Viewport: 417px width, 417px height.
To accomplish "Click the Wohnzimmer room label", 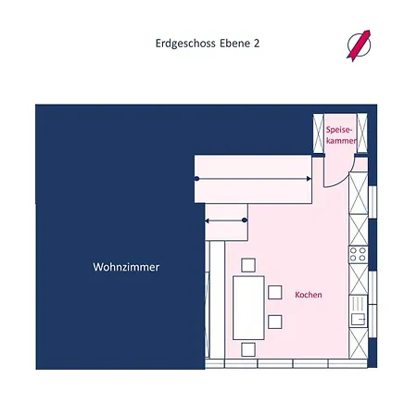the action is tap(126, 267).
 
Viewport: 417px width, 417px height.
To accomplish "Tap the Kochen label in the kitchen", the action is tap(309, 295).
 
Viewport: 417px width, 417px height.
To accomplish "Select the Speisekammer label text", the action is tap(341, 135).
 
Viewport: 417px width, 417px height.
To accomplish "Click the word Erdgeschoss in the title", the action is tap(185, 44).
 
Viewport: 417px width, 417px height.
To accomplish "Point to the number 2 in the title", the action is tap(257, 44).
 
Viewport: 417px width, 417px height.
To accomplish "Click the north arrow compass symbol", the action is tap(359, 45).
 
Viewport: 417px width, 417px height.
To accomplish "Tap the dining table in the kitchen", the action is tap(248, 308).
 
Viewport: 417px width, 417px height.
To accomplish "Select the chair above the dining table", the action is tap(248, 265).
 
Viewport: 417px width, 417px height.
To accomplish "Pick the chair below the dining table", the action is tap(248, 349).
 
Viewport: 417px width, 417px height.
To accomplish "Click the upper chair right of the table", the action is tap(275, 293).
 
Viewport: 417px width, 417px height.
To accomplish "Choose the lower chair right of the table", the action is tap(275, 322).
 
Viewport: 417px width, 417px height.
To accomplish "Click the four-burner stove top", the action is tap(359, 255).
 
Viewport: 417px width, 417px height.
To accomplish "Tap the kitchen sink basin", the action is tap(359, 319).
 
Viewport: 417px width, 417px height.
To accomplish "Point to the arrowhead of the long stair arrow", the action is tap(309, 179).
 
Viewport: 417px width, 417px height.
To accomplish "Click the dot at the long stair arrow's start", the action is tap(196, 179).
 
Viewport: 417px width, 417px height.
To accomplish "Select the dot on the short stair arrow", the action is tap(245, 221).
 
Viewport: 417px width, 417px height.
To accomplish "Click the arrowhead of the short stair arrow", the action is tap(208, 221).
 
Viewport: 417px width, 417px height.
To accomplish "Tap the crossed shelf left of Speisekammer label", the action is tap(318, 133).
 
